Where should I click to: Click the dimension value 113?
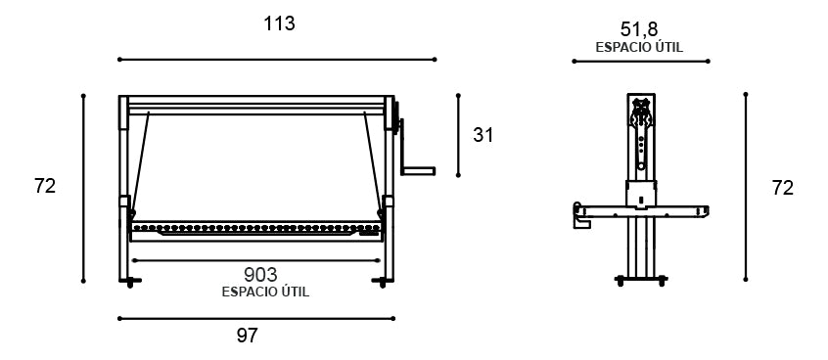tap(279, 23)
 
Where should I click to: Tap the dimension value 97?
tap(247, 336)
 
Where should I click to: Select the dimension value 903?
tap(260, 275)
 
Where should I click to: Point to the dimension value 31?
tap(483, 135)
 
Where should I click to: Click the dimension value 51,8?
tap(639, 29)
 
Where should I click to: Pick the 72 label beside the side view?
tap(783, 188)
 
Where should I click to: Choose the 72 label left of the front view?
tap(45, 186)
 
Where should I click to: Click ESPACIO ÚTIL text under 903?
tap(265, 292)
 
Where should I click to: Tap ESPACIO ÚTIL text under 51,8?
tap(639, 47)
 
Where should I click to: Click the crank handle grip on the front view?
tap(418, 171)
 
